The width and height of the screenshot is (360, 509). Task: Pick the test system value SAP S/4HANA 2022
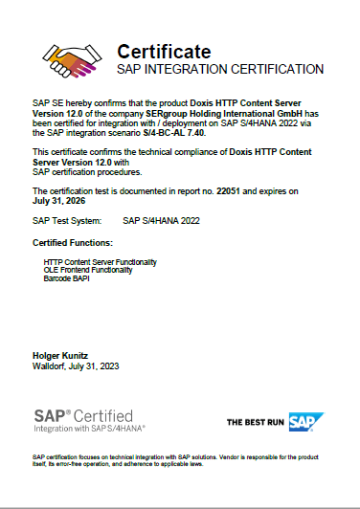pyautogui.click(x=160, y=221)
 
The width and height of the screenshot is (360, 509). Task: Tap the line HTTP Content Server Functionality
pyautogui.click(x=101, y=261)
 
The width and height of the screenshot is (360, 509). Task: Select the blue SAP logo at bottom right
pyautogui.click(x=305, y=421)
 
